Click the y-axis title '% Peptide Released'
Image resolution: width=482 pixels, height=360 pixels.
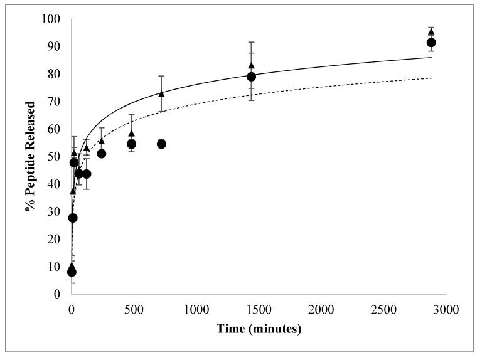29,156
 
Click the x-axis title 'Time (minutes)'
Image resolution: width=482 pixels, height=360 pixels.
259,329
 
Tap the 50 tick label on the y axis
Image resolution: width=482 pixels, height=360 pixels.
54,157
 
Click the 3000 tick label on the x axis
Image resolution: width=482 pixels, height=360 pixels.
446,309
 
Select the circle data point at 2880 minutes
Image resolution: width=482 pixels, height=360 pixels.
431,43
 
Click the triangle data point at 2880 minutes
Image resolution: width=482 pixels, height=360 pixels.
431,32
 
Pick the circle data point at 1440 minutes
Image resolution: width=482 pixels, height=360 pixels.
252,77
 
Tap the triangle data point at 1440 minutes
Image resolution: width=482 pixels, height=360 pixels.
252,66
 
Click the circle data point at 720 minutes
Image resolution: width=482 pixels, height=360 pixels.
161,144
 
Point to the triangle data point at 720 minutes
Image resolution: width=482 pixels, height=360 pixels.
161,94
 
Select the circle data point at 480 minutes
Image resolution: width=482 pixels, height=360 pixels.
132,144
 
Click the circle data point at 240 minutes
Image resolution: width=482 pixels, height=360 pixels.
102,154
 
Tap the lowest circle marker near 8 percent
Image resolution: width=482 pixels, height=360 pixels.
72,272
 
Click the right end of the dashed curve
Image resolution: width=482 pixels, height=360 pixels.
432,78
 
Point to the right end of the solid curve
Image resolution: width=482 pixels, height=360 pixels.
432,57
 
